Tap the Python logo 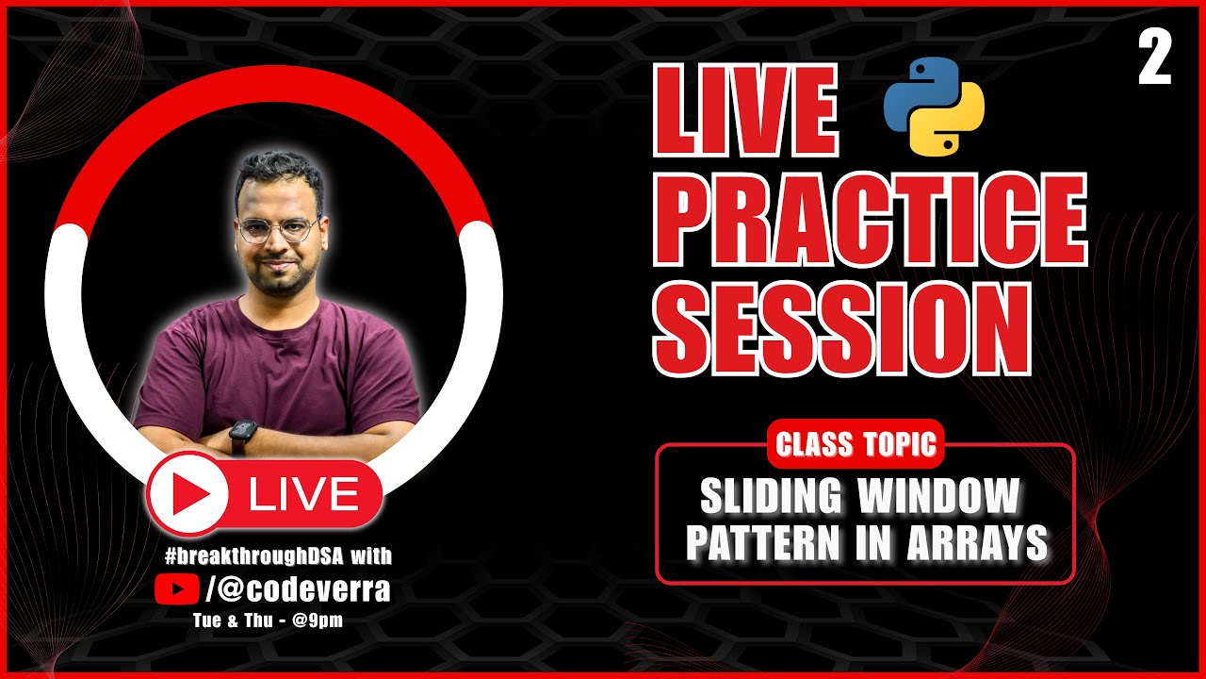934,106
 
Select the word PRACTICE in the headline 871,223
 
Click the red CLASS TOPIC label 856,444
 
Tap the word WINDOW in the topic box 938,496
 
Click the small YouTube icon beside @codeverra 176,590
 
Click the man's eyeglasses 277,229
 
